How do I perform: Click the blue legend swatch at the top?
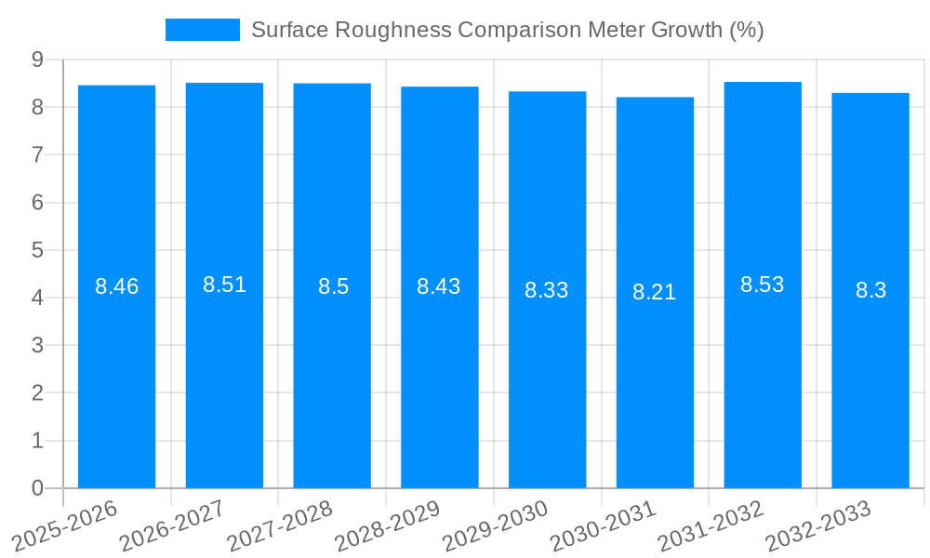202,30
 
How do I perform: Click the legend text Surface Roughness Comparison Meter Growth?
507,30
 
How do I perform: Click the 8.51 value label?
224,285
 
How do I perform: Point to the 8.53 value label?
763,285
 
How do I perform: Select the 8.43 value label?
439,286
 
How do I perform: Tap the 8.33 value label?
547,290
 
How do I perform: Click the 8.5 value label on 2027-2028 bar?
333,286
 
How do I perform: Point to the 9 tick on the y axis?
37,60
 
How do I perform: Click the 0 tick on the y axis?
37,488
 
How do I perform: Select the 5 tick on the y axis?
37,250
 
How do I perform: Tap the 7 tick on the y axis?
37,154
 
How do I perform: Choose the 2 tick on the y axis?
37,392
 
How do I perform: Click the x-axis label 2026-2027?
174,525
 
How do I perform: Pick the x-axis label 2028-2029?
389,525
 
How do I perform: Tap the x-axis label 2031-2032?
711,525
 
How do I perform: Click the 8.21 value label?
655,292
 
